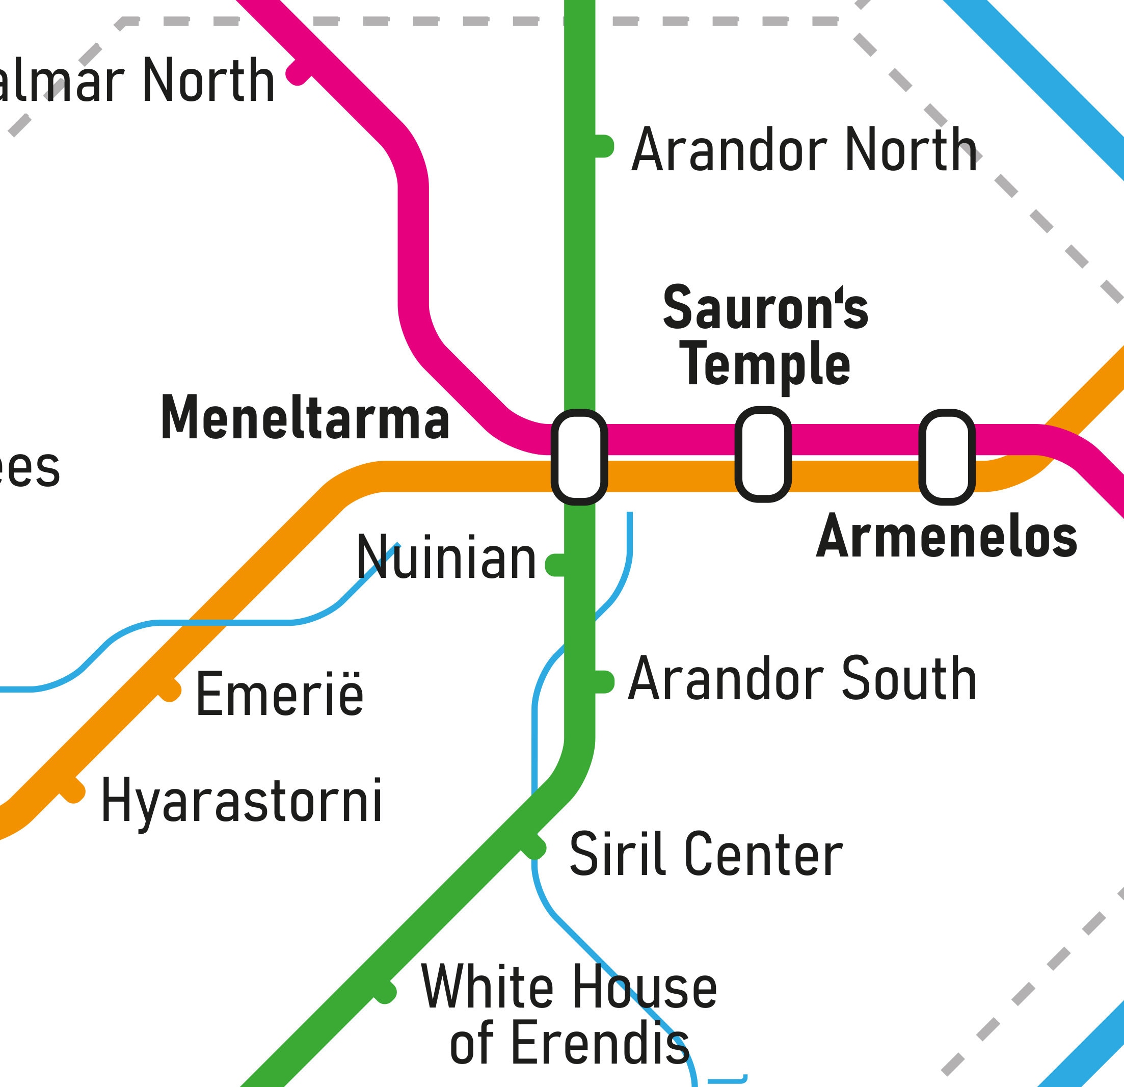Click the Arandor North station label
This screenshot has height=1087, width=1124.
(x=804, y=150)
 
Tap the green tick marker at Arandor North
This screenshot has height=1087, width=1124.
(x=603, y=146)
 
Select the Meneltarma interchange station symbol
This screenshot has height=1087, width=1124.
(x=579, y=457)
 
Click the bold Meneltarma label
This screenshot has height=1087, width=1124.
(x=305, y=418)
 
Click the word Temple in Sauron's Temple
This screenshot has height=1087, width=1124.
(x=767, y=365)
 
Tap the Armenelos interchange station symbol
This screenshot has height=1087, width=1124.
(x=947, y=457)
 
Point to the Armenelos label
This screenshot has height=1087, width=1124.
(x=946, y=536)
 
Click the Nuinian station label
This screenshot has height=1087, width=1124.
(x=446, y=558)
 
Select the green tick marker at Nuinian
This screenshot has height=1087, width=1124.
(x=555, y=565)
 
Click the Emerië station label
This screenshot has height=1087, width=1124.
(x=279, y=694)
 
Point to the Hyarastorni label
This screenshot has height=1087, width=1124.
(x=242, y=801)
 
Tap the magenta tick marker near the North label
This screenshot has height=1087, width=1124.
(x=298, y=73)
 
